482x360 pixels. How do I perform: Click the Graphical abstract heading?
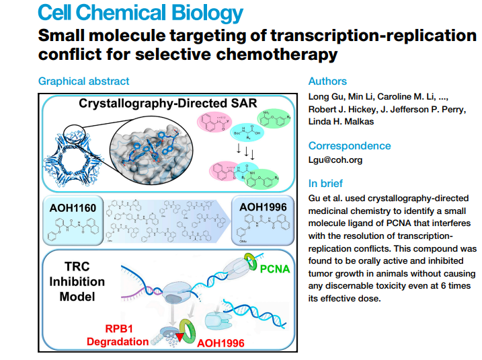coord(84,81)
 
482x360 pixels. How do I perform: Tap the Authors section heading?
coord(327,81)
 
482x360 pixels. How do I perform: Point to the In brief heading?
coord(325,183)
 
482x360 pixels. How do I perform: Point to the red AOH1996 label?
coord(221,341)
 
